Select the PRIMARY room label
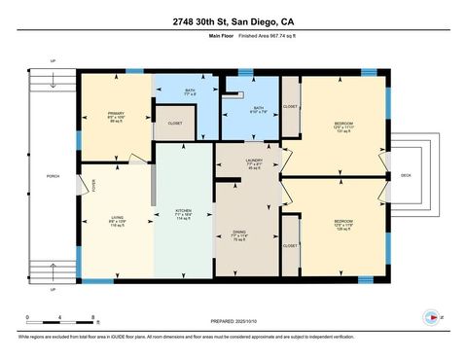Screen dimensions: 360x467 pyautogui.click(x=116, y=114)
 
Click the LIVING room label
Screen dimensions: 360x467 pyautogui.click(x=117, y=217)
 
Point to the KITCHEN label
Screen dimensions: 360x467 pyautogui.click(x=183, y=210)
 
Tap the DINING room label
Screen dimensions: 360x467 pyautogui.click(x=238, y=232)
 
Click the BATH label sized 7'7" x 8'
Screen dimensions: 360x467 pyautogui.click(x=191, y=91)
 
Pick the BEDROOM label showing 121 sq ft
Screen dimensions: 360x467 pyautogui.click(x=343, y=124)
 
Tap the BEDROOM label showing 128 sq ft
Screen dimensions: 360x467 pyautogui.click(x=343, y=220)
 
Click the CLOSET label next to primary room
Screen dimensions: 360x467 pyautogui.click(x=175, y=124)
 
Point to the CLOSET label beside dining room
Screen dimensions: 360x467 pyautogui.click(x=290, y=246)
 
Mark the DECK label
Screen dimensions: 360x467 pyautogui.click(x=406, y=176)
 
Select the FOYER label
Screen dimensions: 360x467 pyautogui.click(x=94, y=185)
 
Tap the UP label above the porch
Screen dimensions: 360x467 pyautogui.click(x=53, y=61)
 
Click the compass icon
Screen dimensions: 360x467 pyautogui.click(x=432, y=316)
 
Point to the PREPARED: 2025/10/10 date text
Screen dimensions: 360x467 pyautogui.click(x=233, y=322)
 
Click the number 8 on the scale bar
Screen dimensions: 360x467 pyautogui.click(x=92, y=317)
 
